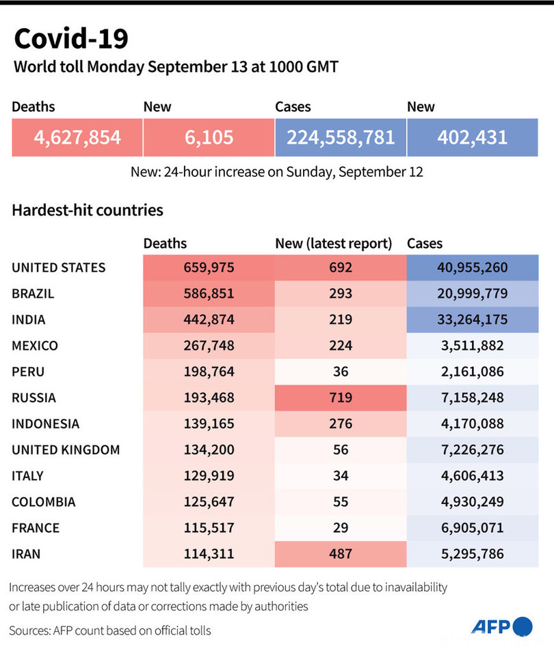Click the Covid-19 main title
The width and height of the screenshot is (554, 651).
tap(70, 39)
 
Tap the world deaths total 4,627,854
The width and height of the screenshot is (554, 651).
tap(77, 137)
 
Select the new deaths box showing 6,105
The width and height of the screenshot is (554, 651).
tap(209, 137)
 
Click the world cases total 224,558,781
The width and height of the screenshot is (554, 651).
tap(341, 137)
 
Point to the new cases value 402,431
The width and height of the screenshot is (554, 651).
tap(473, 137)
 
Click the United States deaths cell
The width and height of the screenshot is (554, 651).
tap(209, 268)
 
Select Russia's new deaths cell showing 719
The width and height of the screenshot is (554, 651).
tap(341, 398)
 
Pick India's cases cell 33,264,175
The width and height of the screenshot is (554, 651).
tap(473, 320)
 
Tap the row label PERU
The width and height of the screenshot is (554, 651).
tap(29, 372)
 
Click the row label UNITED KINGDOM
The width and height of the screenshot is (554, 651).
tap(66, 449)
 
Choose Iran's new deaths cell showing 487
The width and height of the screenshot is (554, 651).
tap(341, 553)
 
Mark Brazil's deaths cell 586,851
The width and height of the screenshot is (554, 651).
tap(209, 294)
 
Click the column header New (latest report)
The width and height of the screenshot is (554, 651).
tap(333, 243)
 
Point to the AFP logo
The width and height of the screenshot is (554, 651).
tap(501, 627)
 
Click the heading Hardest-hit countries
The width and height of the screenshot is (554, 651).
tap(88, 210)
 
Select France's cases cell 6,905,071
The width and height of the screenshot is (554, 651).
tap(473, 527)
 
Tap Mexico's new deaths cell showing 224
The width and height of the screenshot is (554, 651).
tap(341, 346)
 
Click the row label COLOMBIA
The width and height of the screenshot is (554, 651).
tap(44, 501)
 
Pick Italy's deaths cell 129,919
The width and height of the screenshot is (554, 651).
tap(209, 475)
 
